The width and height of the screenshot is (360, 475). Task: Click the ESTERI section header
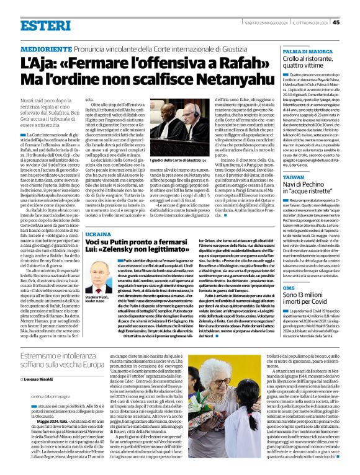pos(45,25)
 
